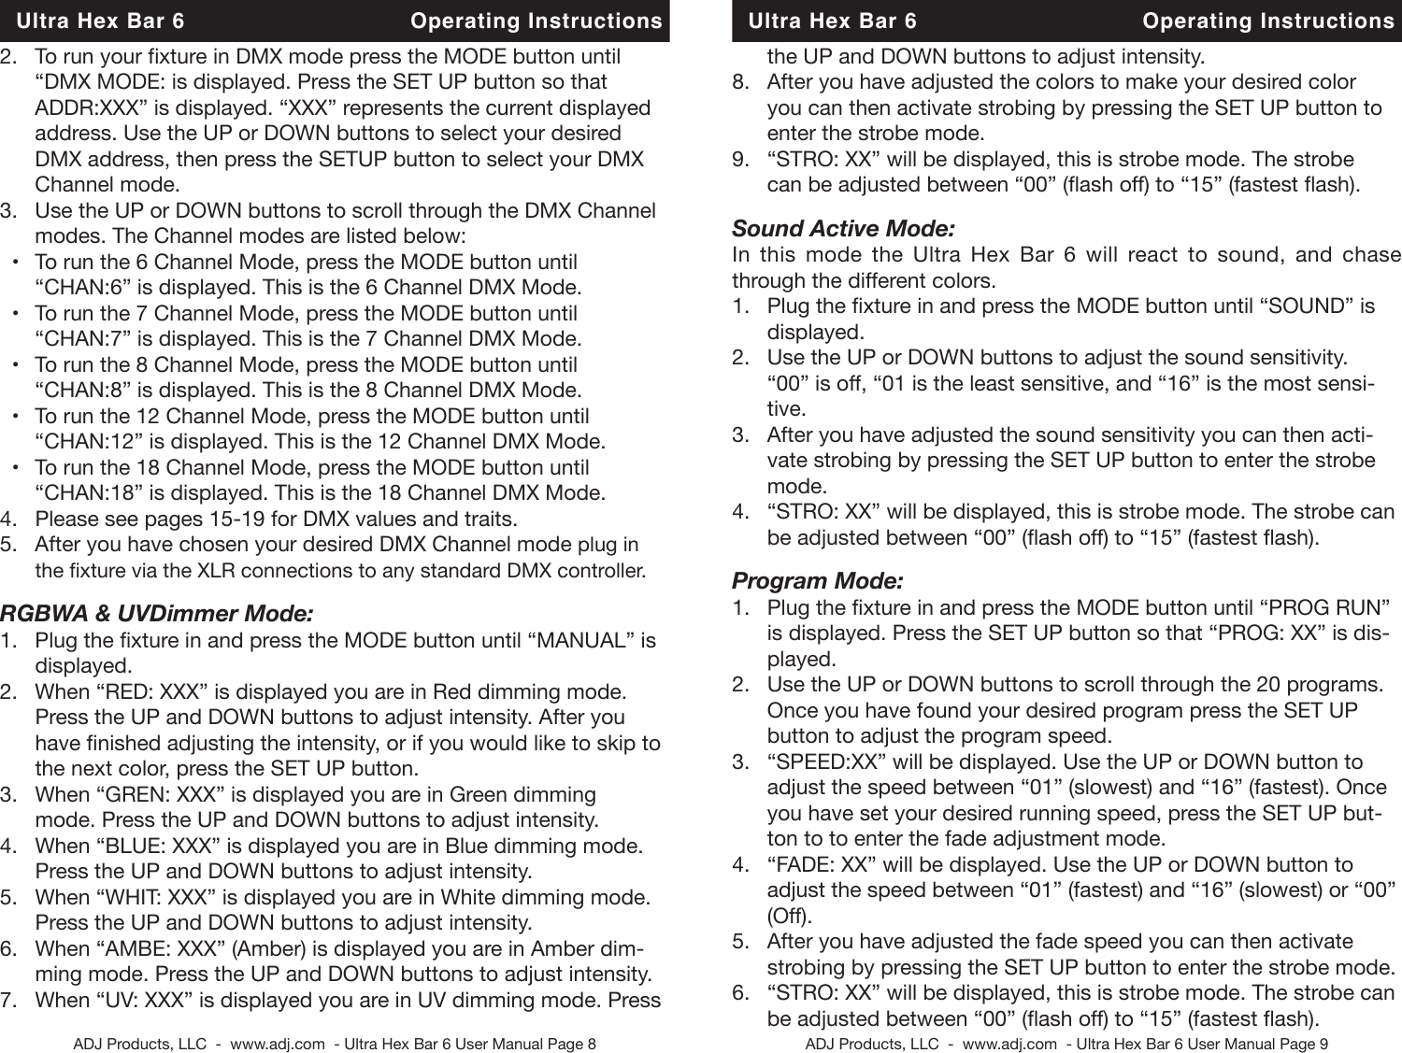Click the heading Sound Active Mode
[x=843, y=229]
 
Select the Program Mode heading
[x=817, y=581]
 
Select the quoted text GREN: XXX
[x=161, y=795]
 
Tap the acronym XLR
[x=213, y=570]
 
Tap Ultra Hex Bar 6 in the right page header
[x=833, y=21]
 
